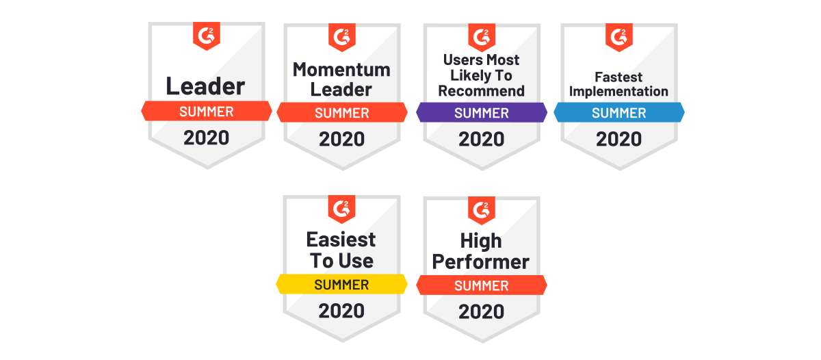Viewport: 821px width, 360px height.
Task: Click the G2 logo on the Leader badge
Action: click(x=207, y=36)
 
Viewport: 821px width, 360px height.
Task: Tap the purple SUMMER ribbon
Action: click(x=481, y=112)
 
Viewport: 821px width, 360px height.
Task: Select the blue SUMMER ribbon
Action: click(x=618, y=112)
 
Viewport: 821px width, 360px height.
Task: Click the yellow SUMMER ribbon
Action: click(x=341, y=284)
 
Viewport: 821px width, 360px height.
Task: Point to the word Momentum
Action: click(x=341, y=70)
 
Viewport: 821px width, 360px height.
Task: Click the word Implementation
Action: click(x=618, y=92)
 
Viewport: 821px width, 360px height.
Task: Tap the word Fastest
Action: click(x=618, y=77)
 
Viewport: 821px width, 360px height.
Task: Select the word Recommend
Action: click(x=481, y=91)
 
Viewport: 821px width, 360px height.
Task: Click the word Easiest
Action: click(x=341, y=240)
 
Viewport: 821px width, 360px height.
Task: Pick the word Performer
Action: click(x=480, y=261)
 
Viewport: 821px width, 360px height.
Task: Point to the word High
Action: click(x=481, y=242)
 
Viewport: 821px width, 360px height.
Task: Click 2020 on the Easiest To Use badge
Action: click(x=341, y=311)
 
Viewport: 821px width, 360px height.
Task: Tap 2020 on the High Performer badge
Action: click(x=481, y=312)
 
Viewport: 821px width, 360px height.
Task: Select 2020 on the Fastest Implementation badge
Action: click(x=618, y=140)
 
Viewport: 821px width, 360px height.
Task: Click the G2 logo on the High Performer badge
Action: click(x=482, y=210)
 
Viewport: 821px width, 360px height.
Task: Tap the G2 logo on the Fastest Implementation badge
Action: click(x=619, y=37)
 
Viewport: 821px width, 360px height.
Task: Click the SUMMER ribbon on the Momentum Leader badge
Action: click(x=342, y=112)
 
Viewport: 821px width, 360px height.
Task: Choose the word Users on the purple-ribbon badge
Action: click(x=462, y=60)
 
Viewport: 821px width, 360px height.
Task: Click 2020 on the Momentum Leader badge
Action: click(x=341, y=140)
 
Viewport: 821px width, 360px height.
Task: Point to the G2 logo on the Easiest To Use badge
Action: click(x=341, y=209)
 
